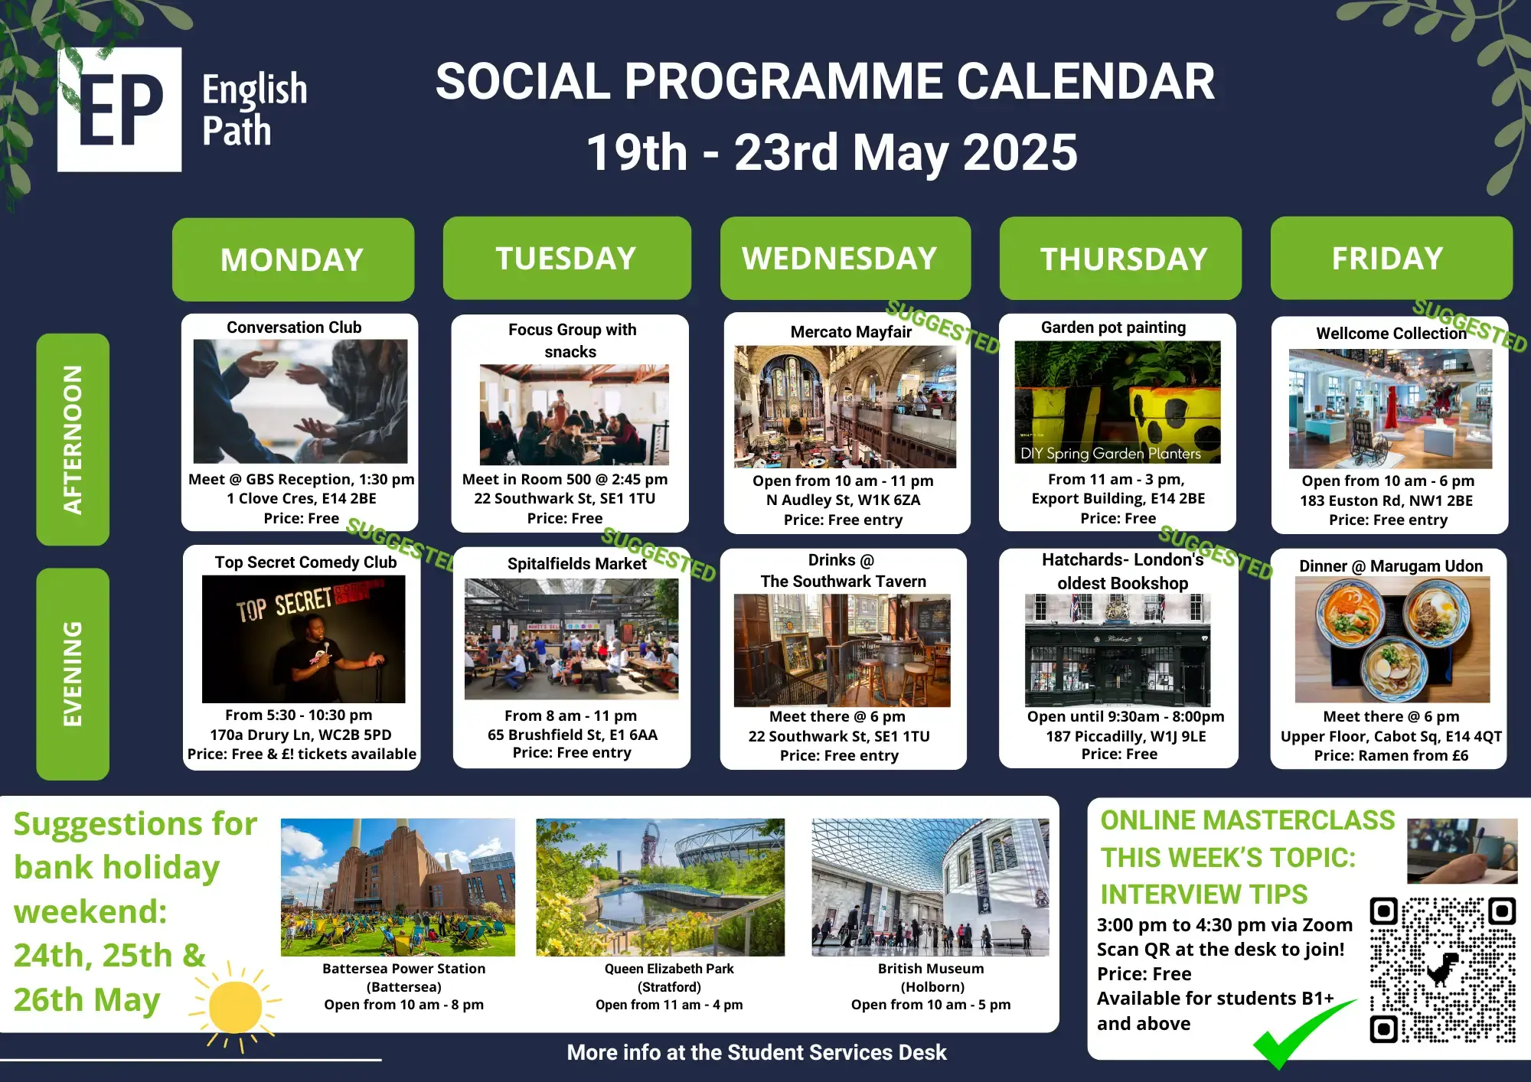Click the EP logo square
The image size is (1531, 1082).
pyautogui.click(x=119, y=109)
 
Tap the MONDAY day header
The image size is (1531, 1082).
pyautogui.click(x=293, y=259)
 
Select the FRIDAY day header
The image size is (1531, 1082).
pyautogui.click(x=1392, y=258)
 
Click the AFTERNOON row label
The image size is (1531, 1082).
pyautogui.click(x=73, y=439)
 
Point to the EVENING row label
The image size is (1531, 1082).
pyautogui.click(x=73, y=674)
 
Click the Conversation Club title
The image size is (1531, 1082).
pyautogui.click(x=294, y=328)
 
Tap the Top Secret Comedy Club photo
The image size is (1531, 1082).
pyautogui.click(x=303, y=639)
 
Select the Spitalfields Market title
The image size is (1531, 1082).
pyautogui.click(x=577, y=564)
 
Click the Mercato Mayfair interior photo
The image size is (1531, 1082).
pyautogui.click(x=845, y=406)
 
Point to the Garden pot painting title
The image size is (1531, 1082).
pyautogui.click(x=1114, y=328)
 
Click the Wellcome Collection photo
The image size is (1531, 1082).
pyautogui.click(x=1390, y=409)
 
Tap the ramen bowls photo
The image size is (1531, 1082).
pyautogui.click(x=1392, y=640)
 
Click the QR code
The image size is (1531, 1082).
pyautogui.click(x=1443, y=970)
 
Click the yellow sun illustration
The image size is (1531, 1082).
pyautogui.click(x=235, y=1006)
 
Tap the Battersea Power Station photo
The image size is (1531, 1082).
pyautogui.click(x=398, y=887)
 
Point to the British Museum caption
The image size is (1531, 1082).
pyautogui.click(x=931, y=986)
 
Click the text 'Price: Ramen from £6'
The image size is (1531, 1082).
pyautogui.click(x=1391, y=755)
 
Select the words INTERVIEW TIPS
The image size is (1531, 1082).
pyautogui.click(x=1204, y=894)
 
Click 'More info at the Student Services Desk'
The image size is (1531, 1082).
pyautogui.click(x=756, y=1053)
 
